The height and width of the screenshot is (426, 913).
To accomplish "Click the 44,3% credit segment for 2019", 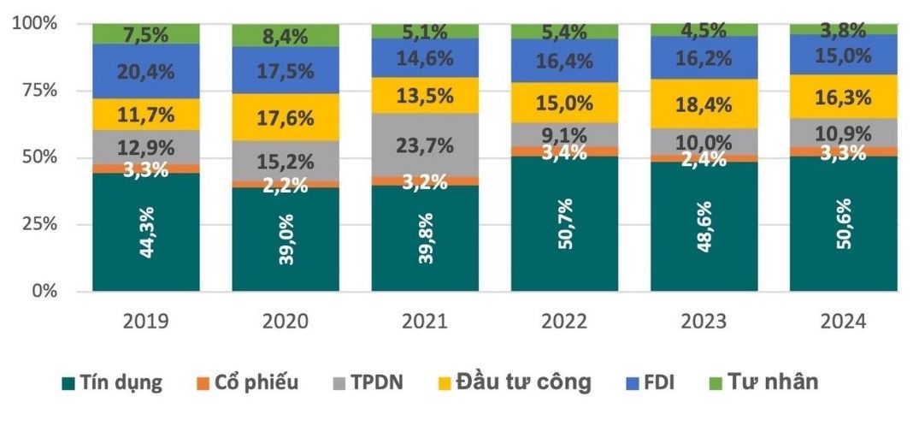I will point(145,232).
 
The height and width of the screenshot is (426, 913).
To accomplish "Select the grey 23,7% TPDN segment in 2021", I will point(425,145).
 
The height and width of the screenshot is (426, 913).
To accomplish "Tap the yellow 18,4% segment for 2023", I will point(704,104).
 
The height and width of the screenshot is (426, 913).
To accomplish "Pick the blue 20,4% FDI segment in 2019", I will point(145,71).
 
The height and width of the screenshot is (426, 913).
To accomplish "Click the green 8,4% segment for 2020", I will point(286,35).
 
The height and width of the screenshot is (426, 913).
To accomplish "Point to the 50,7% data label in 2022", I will point(564,219).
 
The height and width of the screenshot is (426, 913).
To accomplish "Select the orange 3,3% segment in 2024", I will point(843,152).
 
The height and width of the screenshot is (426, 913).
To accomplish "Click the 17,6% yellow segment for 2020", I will point(286,117).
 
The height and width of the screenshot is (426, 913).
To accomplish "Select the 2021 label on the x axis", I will point(425,322).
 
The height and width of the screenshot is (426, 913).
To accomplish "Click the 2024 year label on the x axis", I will point(843,322).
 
